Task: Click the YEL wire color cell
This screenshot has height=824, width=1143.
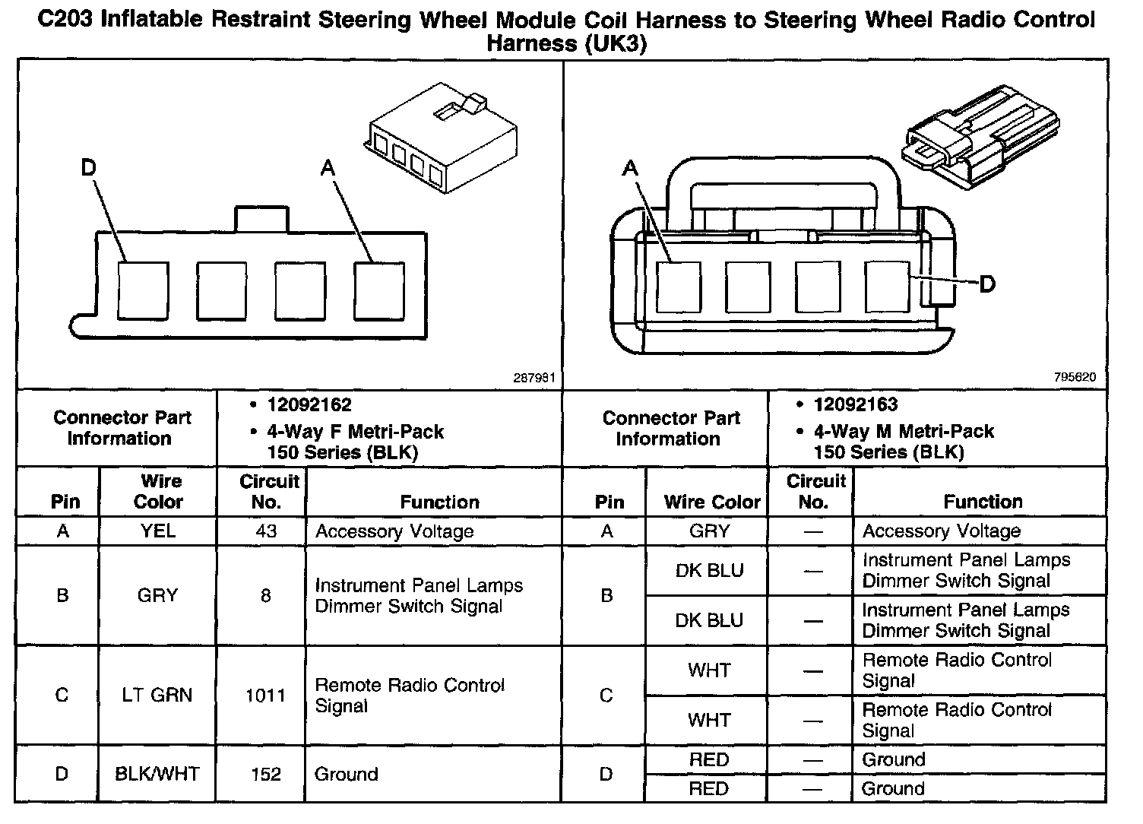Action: pos(158,531)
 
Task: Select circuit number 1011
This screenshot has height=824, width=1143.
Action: pos(265,695)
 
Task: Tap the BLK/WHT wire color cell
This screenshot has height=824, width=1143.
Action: pos(157,774)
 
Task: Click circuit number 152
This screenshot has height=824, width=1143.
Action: pos(265,774)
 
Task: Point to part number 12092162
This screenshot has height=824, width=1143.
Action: pos(309,404)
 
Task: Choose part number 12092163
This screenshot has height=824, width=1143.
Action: pos(856,404)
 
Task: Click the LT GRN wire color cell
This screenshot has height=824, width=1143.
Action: pos(157,695)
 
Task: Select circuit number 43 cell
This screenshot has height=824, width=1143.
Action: pos(265,531)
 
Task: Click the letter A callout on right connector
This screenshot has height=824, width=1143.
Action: pos(630,167)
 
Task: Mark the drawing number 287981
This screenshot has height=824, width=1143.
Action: pos(534,377)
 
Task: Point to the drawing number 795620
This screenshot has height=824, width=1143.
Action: pos(1075,377)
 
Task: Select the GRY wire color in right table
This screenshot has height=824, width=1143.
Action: pos(709,531)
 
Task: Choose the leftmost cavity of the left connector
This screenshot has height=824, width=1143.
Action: pos(143,290)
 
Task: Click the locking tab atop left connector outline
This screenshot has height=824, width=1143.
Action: pos(261,218)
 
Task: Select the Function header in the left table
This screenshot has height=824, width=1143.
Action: pos(439,502)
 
